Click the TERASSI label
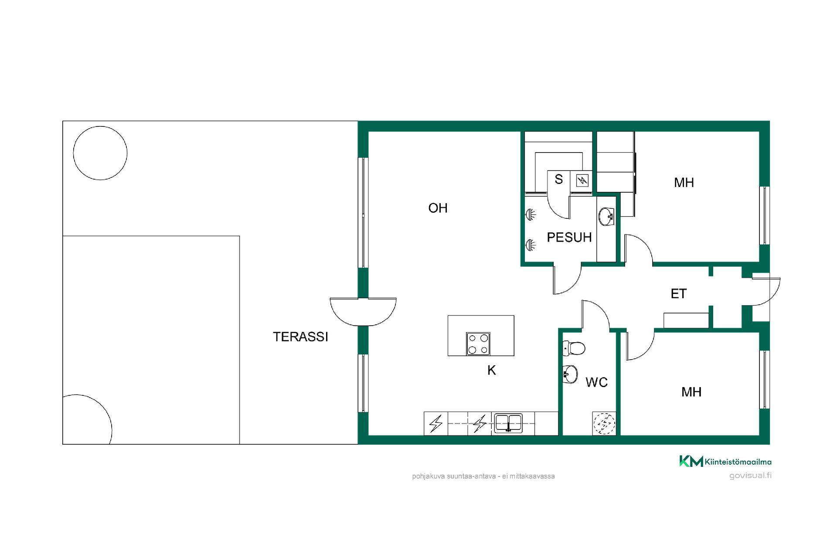pos(300,337)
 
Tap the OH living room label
pos(438,208)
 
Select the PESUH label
pos(569,237)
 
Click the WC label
pos(597,382)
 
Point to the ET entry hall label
pos(679,294)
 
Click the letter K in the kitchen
pos(492,370)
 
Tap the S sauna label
pos(559,179)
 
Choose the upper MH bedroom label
pos(684,182)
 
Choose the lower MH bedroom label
pos(691,392)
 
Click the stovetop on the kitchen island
pos(478,344)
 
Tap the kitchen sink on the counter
pos(508,423)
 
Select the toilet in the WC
pos(574,348)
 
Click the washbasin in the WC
pos(570,374)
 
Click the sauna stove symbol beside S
pos(582,180)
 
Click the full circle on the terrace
pos(100,153)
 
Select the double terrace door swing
pos(363,312)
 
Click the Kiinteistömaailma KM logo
pos(725,461)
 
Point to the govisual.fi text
pos(750,476)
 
